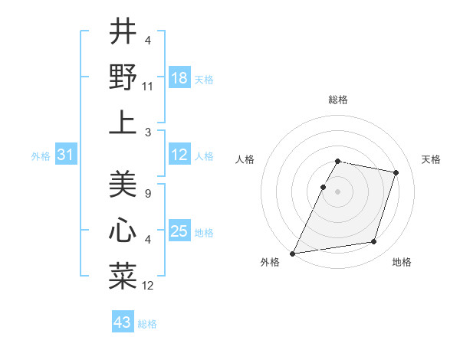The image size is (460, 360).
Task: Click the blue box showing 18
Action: [x=179, y=77]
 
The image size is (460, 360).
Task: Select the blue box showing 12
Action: [x=179, y=155]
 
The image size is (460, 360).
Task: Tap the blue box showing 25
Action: [x=179, y=231]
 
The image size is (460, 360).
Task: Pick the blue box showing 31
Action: [x=66, y=155]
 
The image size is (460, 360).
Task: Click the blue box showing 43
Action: [x=123, y=322]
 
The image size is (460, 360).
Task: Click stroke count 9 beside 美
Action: [x=147, y=195]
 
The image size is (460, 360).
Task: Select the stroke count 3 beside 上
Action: [x=147, y=133]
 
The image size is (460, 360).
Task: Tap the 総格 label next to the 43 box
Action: [x=147, y=324]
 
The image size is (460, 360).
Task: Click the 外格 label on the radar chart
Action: [x=270, y=262]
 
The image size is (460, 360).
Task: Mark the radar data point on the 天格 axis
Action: [x=396, y=172]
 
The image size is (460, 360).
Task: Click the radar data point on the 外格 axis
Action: [x=293, y=253]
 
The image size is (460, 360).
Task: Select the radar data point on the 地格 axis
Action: [x=374, y=242]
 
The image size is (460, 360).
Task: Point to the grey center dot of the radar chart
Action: [x=338, y=191]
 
